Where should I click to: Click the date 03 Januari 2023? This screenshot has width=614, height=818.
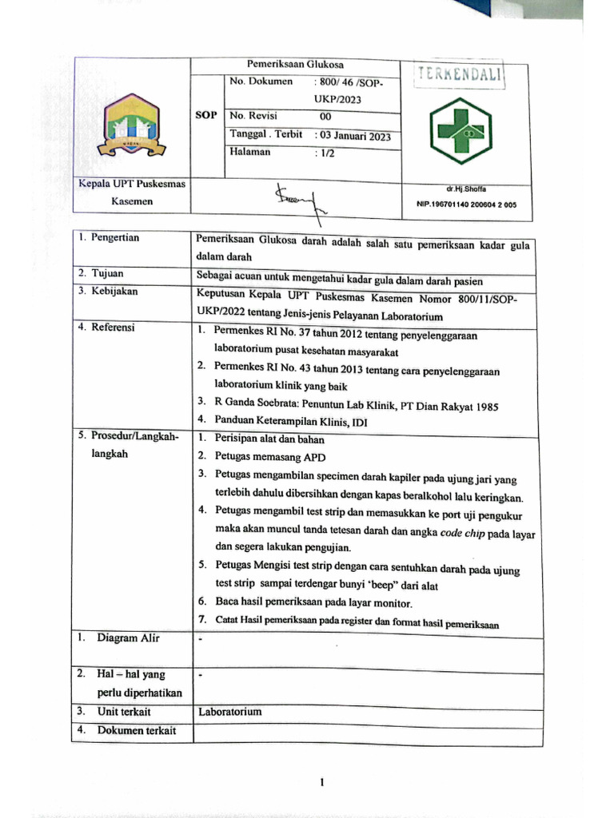coord(353,136)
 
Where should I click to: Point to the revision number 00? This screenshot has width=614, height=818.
coord(325,117)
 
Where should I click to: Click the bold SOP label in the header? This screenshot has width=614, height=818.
coord(206,116)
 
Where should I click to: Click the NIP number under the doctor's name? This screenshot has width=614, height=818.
coord(467,204)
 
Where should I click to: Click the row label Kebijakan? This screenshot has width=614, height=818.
coord(114,292)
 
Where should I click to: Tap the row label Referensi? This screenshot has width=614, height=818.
coord(113,328)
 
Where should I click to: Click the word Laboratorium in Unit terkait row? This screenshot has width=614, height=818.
coord(229,711)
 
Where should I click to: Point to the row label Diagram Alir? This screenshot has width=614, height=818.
coord(128,638)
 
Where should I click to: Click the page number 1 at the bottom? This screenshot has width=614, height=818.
coord(321,782)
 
